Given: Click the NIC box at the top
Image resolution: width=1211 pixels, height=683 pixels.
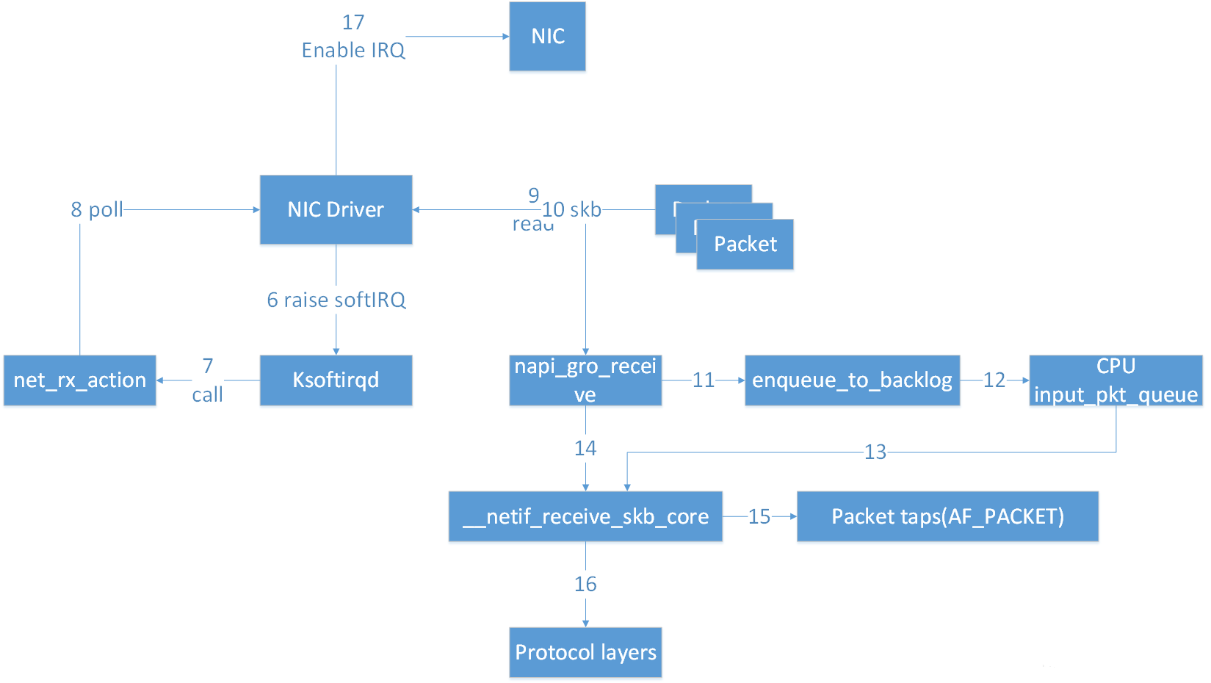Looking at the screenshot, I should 547,36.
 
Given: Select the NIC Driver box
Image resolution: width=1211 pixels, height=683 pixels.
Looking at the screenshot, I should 336,209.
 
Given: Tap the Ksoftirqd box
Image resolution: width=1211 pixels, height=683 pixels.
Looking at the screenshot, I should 336,380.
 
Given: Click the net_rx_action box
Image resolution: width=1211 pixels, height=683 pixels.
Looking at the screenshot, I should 79,380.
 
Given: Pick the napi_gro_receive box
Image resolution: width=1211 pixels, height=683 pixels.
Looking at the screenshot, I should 585,380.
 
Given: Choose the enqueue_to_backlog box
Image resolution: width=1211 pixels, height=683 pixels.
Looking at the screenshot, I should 852,380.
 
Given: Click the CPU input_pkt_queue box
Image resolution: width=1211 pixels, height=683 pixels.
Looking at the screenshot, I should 1116,380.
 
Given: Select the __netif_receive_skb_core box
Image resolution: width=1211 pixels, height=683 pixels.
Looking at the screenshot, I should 585,516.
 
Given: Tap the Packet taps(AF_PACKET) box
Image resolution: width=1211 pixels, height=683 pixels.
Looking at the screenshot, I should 947,516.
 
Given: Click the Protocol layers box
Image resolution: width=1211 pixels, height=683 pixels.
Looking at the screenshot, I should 585,652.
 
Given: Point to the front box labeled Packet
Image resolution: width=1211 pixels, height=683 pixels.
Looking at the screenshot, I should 745,245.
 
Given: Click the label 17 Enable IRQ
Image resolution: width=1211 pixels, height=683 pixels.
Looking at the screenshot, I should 353,37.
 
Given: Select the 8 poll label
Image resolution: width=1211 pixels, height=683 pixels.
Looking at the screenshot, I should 97,209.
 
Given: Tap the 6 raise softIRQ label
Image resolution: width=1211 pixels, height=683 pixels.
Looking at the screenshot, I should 336,300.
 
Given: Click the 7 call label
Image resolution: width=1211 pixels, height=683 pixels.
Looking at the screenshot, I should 208,380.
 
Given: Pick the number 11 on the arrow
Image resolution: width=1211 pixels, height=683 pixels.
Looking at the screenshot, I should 703,380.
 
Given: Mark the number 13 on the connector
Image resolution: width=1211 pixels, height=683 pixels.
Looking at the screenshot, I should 875,452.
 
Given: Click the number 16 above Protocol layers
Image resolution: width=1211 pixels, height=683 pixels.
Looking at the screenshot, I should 585,584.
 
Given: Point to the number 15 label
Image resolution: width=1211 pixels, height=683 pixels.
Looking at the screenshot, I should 759,516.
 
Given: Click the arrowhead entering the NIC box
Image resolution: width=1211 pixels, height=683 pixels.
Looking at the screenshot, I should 505,36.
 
